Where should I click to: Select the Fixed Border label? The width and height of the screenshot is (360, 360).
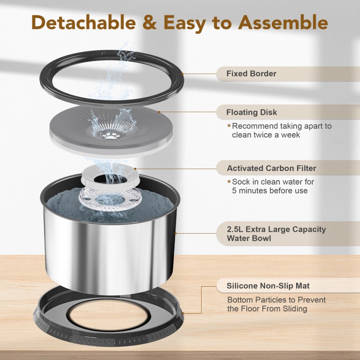pyautogui.click(x=251, y=73)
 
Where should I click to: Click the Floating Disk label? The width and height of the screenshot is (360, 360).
pyautogui.click(x=252, y=112)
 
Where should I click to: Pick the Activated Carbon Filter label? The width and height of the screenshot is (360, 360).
pyautogui.click(x=271, y=168)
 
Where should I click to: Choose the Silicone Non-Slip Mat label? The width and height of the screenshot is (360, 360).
pyautogui.click(x=268, y=285)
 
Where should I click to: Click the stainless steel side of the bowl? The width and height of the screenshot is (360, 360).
pyautogui.click(x=108, y=252)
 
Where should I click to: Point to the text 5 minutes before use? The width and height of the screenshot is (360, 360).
pyautogui.click(x=270, y=190)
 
